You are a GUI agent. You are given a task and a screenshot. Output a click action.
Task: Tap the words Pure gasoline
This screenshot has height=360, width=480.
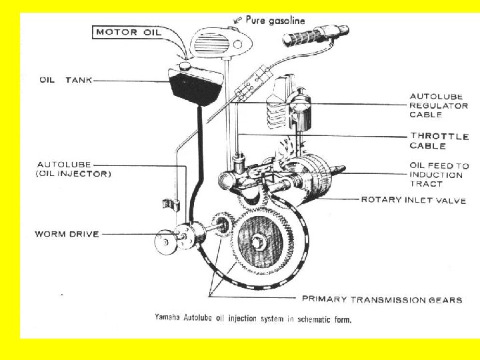point(275,21)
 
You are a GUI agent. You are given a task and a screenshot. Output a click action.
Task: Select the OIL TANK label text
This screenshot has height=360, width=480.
point(65,80)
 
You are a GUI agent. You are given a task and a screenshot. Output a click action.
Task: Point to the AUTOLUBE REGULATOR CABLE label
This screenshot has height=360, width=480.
point(438,105)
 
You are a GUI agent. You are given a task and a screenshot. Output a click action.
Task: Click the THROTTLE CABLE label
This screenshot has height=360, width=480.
point(439,141)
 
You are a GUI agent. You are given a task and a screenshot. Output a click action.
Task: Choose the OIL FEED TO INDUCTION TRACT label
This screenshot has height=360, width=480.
point(439,175)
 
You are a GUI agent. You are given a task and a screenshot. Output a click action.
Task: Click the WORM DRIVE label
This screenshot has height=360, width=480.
point(67,234)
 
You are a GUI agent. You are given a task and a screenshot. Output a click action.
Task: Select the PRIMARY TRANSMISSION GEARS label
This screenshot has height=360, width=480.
point(381,299)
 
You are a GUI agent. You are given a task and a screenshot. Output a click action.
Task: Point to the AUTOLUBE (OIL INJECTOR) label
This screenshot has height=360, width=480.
point(73,169)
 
